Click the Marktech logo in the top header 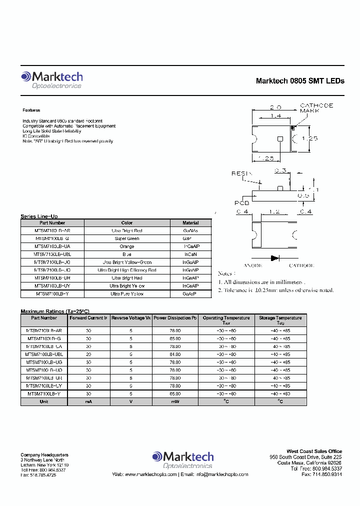tap(51, 79)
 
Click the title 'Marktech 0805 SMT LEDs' tap(300, 81)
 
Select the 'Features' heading tap(31, 110)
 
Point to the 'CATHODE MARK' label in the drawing tap(316, 108)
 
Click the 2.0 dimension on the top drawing tap(275, 107)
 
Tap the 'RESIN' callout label tap(239, 173)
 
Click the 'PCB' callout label tap(241, 202)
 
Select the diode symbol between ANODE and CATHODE tap(274, 258)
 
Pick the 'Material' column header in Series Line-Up tap(190, 223)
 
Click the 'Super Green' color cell tap(127, 238)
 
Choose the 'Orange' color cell tap(127, 246)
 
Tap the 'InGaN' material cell tap(190, 254)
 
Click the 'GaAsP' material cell tap(190, 294)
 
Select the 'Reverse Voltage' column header tap(131, 318)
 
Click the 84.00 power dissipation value tap(175, 353)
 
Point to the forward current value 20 tap(88, 353)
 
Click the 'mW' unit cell tap(175, 401)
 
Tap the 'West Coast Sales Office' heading tap(314, 451)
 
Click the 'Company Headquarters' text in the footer tap(44, 454)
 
